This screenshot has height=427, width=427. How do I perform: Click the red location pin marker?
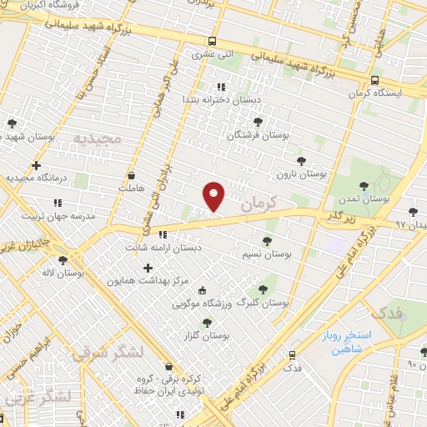(214, 195)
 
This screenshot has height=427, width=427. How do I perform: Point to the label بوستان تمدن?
(366, 199)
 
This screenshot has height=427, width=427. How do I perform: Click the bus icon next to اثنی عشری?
(213, 42)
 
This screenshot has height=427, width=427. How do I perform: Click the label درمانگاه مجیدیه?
(35, 178)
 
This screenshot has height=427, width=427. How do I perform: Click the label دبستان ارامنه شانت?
(163, 248)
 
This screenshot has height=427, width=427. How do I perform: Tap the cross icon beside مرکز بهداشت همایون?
(148, 269)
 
